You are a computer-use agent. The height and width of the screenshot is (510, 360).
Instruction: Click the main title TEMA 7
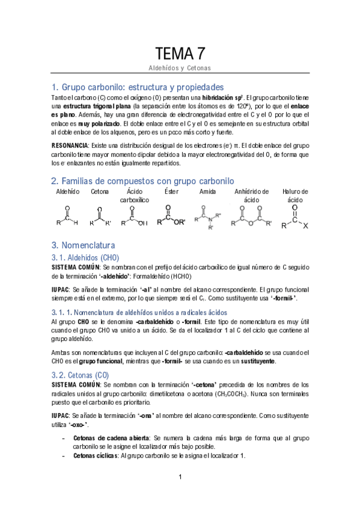[180, 53]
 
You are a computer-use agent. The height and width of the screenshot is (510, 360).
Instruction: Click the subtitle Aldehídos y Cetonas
[180, 68]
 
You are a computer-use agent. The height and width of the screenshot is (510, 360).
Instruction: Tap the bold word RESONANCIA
[70, 146]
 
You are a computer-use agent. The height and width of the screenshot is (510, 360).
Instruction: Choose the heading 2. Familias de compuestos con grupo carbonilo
[143, 181]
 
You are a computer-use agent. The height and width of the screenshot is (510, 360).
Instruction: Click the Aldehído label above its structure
[67, 191]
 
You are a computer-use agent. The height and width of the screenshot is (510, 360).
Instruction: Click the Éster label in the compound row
[171, 191]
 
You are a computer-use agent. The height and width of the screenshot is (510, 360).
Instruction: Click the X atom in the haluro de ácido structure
[307, 226]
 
